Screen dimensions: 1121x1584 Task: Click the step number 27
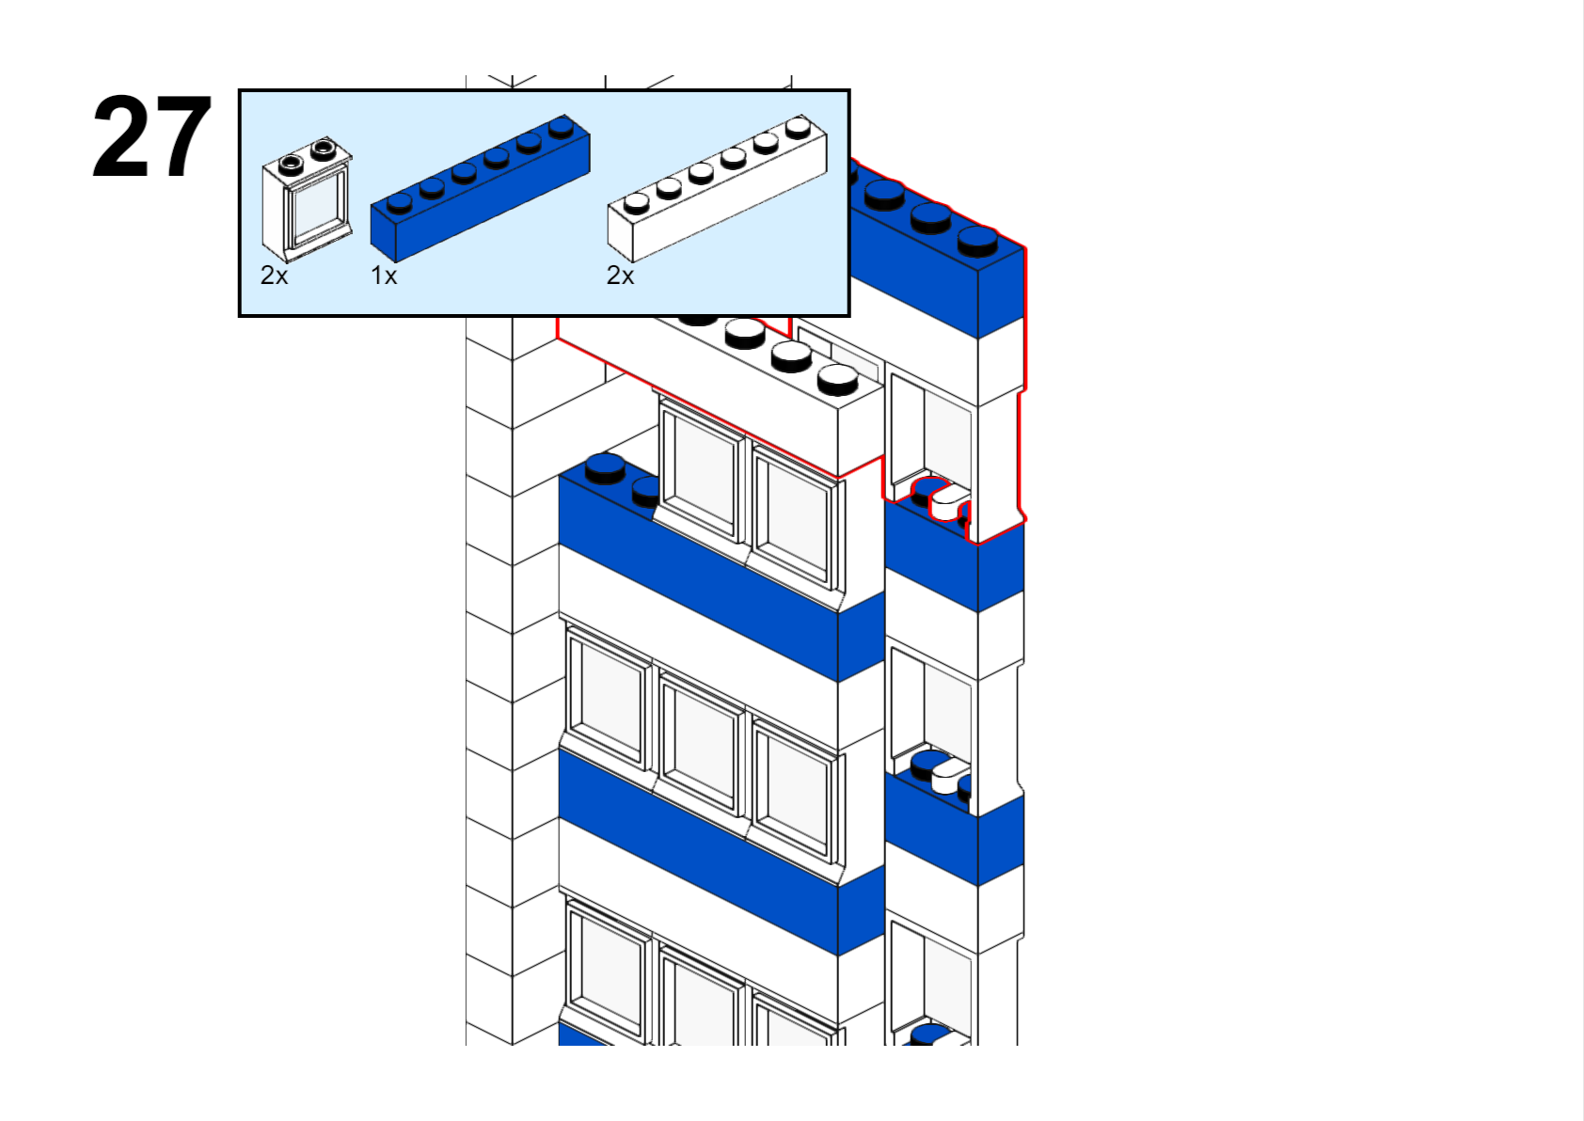point(151,137)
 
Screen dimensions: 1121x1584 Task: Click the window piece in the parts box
point(307,199)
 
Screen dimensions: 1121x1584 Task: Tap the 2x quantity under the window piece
point(274,276)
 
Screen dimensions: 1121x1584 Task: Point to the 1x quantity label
point(384,276)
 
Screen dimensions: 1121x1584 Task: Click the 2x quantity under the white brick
point(620,276)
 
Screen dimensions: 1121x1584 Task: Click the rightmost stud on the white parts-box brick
point(799,126)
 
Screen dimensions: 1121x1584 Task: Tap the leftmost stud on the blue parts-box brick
point(400,202)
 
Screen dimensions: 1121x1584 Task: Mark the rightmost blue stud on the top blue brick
point(977,240)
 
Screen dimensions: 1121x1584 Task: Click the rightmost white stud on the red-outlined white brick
point(837,378)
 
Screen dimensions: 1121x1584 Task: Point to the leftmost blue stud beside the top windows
point(605,466)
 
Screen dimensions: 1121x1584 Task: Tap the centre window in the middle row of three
point(701,739)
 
